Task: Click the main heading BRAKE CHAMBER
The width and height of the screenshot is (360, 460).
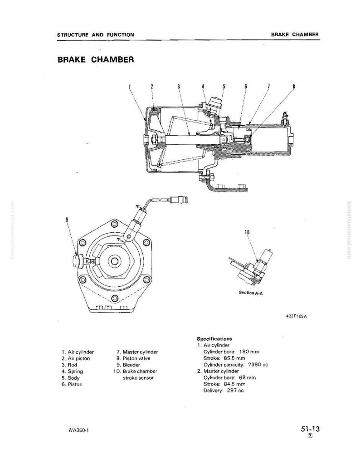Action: coord(96,59)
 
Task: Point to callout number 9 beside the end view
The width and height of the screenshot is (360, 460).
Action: coord(67,219)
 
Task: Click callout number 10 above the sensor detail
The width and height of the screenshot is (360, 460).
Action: coord(247,232)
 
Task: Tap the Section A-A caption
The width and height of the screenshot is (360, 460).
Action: coord(251,293)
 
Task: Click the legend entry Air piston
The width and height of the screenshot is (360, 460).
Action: coord(76,358)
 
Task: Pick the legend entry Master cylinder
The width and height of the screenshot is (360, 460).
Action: coord(137,352)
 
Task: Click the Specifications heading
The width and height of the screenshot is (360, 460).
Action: coord(214,338)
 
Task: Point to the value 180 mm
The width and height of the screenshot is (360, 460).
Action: coord(249,352)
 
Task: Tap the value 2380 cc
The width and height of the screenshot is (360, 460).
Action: coord(258,365)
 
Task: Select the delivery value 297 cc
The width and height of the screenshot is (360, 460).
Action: coord(235,391)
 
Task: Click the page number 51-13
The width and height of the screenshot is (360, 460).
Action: coord(310,429)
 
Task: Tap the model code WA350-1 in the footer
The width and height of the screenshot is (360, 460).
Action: coord(78,431)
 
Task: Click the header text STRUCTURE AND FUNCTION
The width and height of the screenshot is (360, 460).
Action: coord(96,34)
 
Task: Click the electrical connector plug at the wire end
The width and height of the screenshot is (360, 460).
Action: coord(180,201)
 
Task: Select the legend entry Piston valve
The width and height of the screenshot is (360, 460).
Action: coord(133,358)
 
